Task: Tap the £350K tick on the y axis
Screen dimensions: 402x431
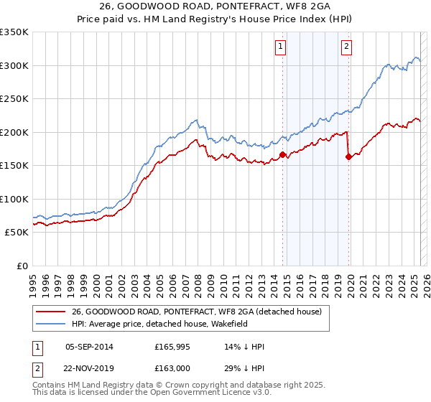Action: [14, 32]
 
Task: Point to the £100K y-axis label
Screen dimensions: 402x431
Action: [14, 199]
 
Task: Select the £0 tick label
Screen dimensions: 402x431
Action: [22, 266]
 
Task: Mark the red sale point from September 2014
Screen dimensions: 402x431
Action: [282, 154]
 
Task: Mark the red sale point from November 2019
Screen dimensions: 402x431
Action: [348, 156]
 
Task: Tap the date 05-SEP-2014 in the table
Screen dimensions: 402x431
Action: [89, 347]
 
